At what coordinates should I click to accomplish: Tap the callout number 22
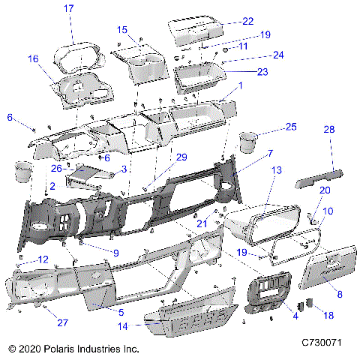pyautogui.click(x=247, y=21)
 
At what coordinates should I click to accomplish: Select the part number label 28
pyautogui.click(x=328, y=130)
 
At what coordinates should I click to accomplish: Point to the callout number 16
pyautogui.click(x=33, y=58)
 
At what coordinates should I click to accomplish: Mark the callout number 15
pyautogui.click(x=123, y=29)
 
